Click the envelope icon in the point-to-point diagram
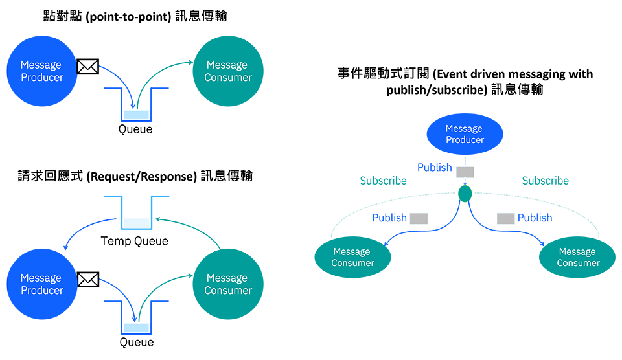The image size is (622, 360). [x=87, y=67]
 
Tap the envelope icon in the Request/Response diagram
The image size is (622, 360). [x=87, y=280]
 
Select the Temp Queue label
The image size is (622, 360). [x=135, y=241]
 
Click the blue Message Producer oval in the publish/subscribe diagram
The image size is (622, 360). [x=465, y=134]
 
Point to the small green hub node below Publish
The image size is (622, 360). [x=465, y=194]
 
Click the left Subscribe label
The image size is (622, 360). [x=383, y=181]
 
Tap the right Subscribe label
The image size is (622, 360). [x=546, y=181]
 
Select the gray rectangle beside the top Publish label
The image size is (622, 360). [x=465, y=172]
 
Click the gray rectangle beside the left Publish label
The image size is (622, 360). [x=419, y=218]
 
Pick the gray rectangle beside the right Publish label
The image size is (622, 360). [x=506, y=218]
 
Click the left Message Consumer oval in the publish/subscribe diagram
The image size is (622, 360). [x=352, y=257]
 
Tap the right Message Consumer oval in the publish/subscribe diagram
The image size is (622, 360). [x=577, y=257]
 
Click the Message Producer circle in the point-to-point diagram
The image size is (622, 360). [x=42, y=71]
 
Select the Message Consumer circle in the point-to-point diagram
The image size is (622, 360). [x=228, y=71]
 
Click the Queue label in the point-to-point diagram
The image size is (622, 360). [x=135, y=129]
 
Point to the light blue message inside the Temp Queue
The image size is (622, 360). [x=137, y=223]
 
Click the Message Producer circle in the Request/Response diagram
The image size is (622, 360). [x=42, y=284]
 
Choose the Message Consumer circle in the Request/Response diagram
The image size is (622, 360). [x=228, y=284]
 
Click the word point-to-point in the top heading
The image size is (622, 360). [x=128, y=17]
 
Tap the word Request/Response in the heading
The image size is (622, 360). [x=142, y=176]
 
